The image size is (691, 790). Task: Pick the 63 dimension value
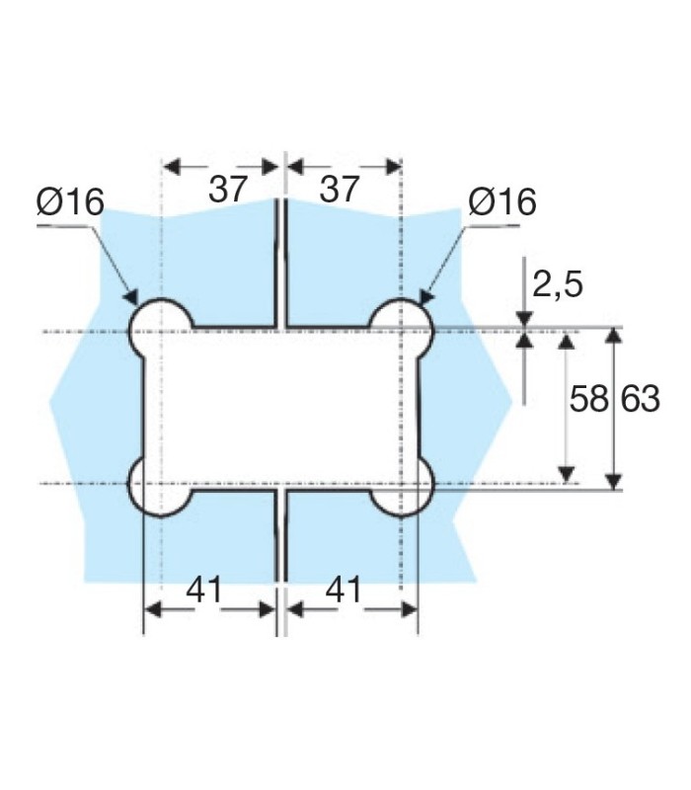(x=641, y=400)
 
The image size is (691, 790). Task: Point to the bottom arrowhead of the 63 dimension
(x=614, y=481)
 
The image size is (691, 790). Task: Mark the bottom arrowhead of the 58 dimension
(x=567, y=475)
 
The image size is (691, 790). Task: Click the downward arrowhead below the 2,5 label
(x=524, y=317)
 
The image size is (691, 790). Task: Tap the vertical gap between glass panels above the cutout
(x=280, y=262)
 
